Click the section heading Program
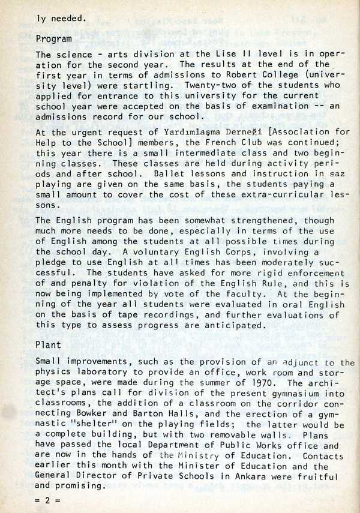click(x=54, y=40)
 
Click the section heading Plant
click(x=48, y=345)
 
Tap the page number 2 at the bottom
click(x=46, y=499)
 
